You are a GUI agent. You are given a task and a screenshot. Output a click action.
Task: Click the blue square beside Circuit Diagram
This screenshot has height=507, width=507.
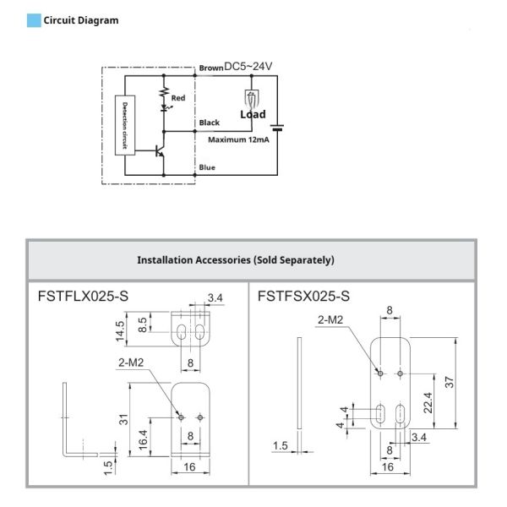pos(34,20)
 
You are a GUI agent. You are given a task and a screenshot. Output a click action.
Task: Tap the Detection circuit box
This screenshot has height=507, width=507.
pos(125,125)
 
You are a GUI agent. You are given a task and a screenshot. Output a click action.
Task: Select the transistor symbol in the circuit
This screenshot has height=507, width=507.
pos(160,151)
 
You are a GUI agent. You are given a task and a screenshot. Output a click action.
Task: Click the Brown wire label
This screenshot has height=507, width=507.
pos(211,68)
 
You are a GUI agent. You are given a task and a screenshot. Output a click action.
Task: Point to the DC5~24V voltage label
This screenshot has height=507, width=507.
pos(248,66)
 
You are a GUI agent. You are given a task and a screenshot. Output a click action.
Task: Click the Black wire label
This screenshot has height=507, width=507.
pos(210,123)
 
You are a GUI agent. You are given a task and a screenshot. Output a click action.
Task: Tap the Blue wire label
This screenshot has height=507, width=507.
pos(207,167)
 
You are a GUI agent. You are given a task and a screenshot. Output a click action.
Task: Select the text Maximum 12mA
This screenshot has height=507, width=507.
pos(238,139)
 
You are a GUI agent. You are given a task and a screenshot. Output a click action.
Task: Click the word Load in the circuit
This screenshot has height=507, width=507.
pos(253,114)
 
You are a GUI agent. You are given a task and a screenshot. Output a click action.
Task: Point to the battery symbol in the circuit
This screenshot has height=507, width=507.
pos(277,128)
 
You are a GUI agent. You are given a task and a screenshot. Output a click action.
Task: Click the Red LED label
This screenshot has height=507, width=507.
pos(178,98)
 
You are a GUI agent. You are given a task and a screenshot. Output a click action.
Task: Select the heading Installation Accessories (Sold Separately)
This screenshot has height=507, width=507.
pos(236,260)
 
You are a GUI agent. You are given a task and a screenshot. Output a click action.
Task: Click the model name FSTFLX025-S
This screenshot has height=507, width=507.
pos(83,297)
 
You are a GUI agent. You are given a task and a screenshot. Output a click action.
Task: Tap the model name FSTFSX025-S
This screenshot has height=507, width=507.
pos(303,297)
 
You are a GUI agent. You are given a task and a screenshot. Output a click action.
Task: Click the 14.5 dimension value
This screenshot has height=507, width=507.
pos(120,331)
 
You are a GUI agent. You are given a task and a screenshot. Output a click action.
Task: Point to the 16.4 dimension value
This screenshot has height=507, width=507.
pos(143,439)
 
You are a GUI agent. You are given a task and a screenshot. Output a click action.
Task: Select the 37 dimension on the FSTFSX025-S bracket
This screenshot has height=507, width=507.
pos(450,382)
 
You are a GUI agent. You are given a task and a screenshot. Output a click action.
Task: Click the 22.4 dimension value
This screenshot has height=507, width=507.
pos(428,403)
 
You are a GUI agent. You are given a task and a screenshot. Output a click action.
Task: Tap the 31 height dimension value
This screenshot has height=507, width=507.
pos(123,419)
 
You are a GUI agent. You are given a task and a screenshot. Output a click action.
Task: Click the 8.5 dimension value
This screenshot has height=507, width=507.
pos(142,324)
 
